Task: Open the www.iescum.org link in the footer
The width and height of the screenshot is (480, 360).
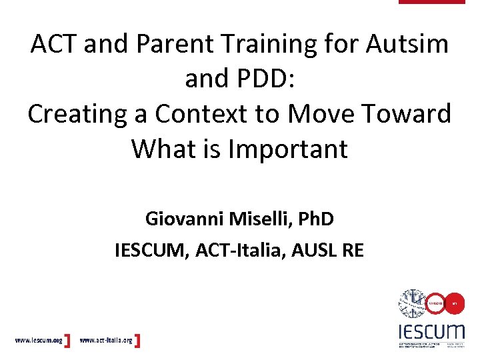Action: (39, 341)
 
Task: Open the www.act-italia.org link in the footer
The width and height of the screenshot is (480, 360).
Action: (107, 341)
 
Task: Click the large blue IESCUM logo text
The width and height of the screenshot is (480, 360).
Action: (431, 331)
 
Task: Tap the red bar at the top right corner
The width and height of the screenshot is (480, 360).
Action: (431, 2)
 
